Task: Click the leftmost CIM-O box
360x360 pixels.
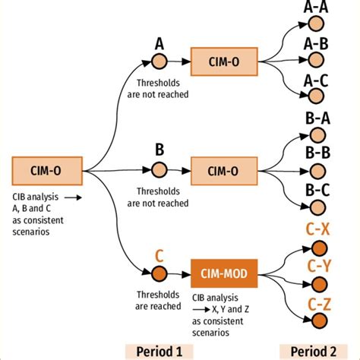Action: [46, 171]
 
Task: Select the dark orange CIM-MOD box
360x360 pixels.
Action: [225, 273]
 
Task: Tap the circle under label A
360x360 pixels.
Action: [159, 62]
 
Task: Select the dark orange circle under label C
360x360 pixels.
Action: [159, 273]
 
